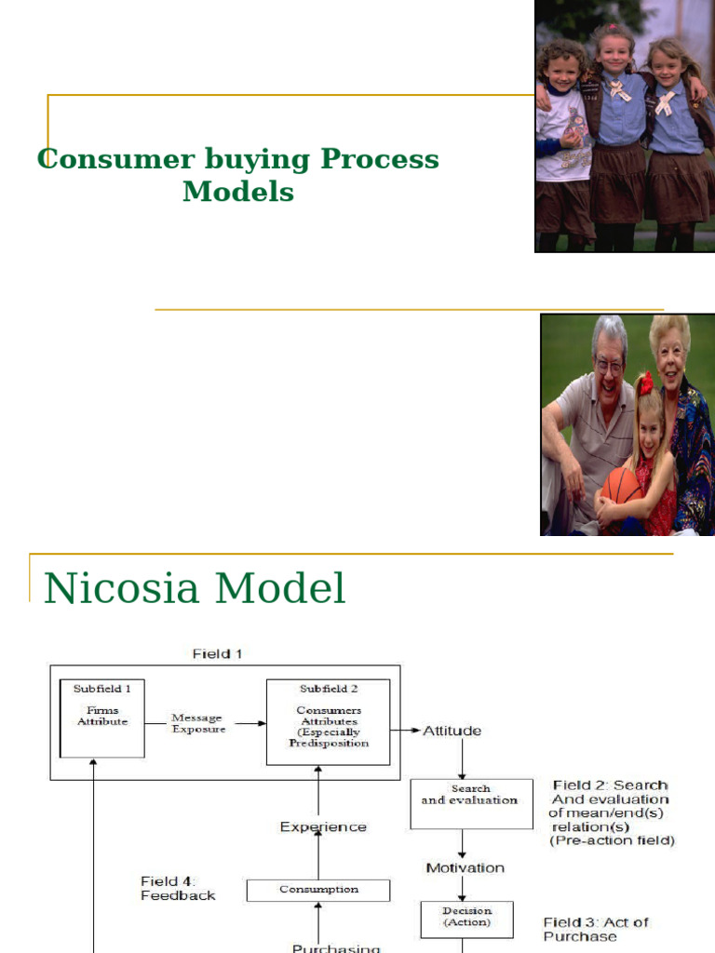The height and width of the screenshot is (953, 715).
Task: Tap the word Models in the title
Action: point(238,192)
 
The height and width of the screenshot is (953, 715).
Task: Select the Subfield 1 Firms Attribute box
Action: point(102,718)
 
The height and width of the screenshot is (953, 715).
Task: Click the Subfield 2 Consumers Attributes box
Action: point(328,722)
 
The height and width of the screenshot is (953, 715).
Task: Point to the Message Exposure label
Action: point(196,723)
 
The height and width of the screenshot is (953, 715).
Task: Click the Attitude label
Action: point(452,731)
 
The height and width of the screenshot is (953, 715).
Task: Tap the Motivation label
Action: point(465,867)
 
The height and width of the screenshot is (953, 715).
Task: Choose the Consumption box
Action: point(318,890)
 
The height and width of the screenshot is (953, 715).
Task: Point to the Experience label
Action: point(323,826)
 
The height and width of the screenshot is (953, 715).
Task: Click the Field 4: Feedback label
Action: point(178,888)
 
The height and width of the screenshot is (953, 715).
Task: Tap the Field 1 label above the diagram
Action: point(217,653)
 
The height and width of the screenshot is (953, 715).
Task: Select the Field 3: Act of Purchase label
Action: point(596,929)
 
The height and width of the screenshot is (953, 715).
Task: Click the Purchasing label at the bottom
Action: point(336,947)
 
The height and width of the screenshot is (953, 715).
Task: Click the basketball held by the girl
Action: point(623,487)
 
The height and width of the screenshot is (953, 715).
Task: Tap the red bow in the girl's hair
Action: point(644,383)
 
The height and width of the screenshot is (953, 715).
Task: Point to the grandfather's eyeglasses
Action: point(610,366)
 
